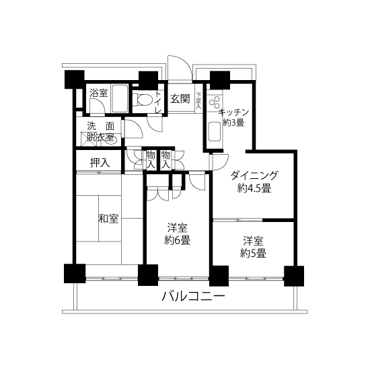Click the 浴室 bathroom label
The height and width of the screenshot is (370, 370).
99,93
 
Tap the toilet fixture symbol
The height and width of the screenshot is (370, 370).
143,100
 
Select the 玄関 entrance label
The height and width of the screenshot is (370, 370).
180,99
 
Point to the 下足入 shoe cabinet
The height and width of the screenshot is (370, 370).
198,100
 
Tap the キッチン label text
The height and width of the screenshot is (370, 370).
233,112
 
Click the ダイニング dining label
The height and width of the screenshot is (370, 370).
254,176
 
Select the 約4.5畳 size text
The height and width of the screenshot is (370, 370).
254,188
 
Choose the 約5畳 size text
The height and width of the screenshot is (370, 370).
253,254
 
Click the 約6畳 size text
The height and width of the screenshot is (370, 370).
177,241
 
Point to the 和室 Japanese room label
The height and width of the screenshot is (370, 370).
108,219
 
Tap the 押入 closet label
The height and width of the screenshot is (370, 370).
100,163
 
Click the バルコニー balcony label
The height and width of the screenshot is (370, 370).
193,297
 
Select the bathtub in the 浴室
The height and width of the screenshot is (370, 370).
120,98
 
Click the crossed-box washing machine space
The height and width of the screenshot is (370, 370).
89,139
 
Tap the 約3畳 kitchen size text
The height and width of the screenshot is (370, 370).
233,122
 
